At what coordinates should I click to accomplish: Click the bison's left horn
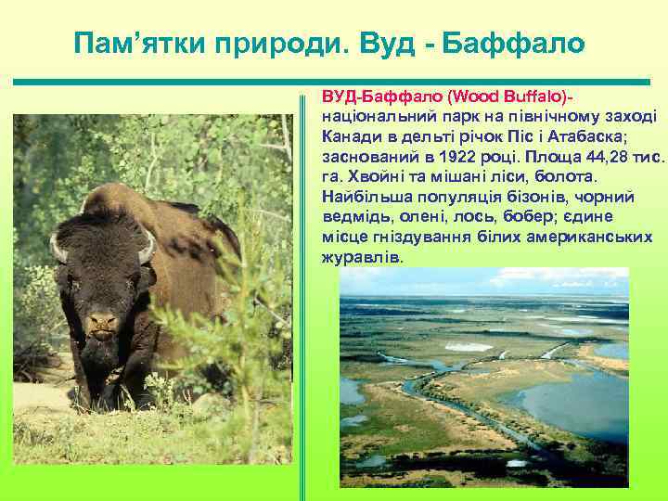pos(58,249)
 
